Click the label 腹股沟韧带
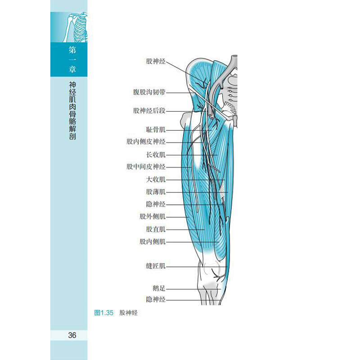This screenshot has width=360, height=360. click(149, 92)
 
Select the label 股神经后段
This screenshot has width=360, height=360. click(149, 111)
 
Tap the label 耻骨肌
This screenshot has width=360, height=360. click(156, 130)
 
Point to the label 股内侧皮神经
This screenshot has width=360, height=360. click(146, 142)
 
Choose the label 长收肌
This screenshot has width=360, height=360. click(156, 155)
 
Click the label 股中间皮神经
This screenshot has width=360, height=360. click(146, 166)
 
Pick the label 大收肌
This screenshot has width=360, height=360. click(156, 179)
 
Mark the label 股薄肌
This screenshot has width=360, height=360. click(156, 192)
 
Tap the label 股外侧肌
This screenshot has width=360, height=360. click(153, 216)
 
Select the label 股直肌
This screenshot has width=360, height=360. click(156, 229)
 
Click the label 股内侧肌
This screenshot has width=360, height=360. click(153, 242)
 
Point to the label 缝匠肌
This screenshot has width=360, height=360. click(156, 266)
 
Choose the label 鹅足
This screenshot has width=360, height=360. click(159, 288)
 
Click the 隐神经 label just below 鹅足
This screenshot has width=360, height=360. click(156, 299)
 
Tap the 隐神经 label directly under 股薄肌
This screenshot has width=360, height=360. click(156, 204)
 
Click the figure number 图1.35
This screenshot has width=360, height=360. click(104, 313)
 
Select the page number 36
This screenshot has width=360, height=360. click(72, 335)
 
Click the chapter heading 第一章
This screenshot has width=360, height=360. click(72, 59)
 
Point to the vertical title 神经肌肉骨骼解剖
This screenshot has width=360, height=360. click(72, 111)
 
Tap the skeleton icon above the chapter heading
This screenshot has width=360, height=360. click(75, 27)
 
